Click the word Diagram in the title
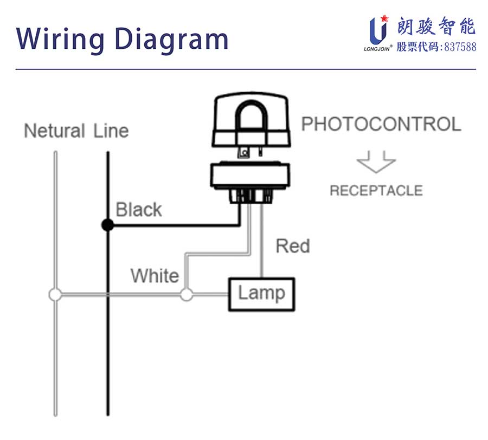pos(172,38)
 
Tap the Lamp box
pos(261,294)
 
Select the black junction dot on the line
pos(108,225)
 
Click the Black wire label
pos(139,210)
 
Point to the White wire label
pos(155,276)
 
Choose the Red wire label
pos(293,246)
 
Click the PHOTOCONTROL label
pos(381,124)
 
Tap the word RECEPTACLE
pos(376,191)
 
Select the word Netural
pos(55,131)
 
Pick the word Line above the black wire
pos(111,131)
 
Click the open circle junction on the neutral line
pos(55,295)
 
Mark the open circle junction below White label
pos(186,295)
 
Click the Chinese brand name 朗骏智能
pos(436,26)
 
